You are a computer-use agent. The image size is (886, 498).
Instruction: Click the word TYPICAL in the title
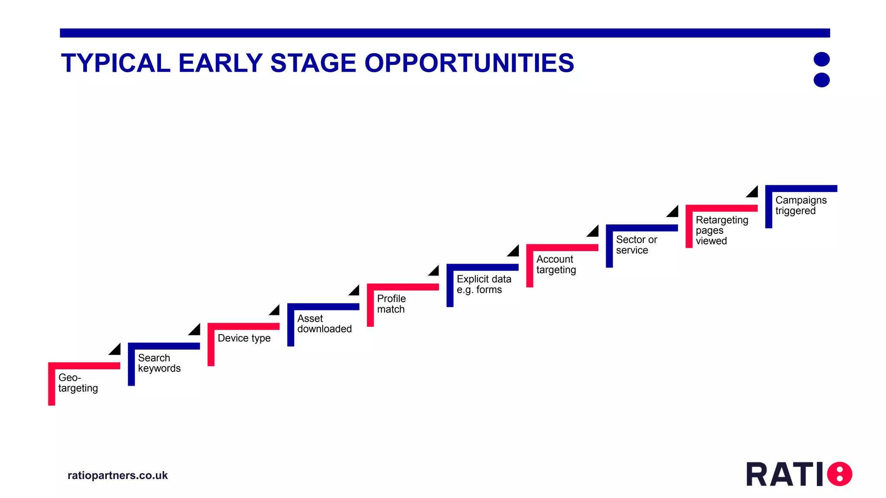pos(116,63)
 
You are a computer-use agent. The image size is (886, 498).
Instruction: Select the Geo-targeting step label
pos(78,383)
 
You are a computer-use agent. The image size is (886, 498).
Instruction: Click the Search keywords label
pos(159,363)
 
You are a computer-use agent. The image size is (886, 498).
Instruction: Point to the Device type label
pos(244,338)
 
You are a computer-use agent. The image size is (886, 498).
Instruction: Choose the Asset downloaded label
pos(324,324)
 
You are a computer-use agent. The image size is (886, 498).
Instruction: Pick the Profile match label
pos(391,304)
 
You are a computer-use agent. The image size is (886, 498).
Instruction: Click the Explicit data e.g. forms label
pos(484,284)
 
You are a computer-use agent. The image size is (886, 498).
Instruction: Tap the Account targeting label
pos(556,265)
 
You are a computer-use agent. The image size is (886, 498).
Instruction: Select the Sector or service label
pos(636,245)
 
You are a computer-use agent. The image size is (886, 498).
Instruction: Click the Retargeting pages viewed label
pos(721,230)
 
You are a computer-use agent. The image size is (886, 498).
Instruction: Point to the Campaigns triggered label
pos(800,205)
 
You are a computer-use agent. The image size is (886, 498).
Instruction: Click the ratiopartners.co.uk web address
pos(118,476)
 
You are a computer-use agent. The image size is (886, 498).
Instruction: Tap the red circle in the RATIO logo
pos(840,474)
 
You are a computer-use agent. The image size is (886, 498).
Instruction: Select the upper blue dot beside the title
pos(822,59)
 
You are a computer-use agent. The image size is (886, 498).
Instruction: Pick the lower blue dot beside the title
pos(822,80)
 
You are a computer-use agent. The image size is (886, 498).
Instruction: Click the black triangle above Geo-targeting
pos(116,350)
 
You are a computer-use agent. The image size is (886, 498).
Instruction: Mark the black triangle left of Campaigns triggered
pos(753,192)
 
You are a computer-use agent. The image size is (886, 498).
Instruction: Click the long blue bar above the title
pos(445,33)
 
